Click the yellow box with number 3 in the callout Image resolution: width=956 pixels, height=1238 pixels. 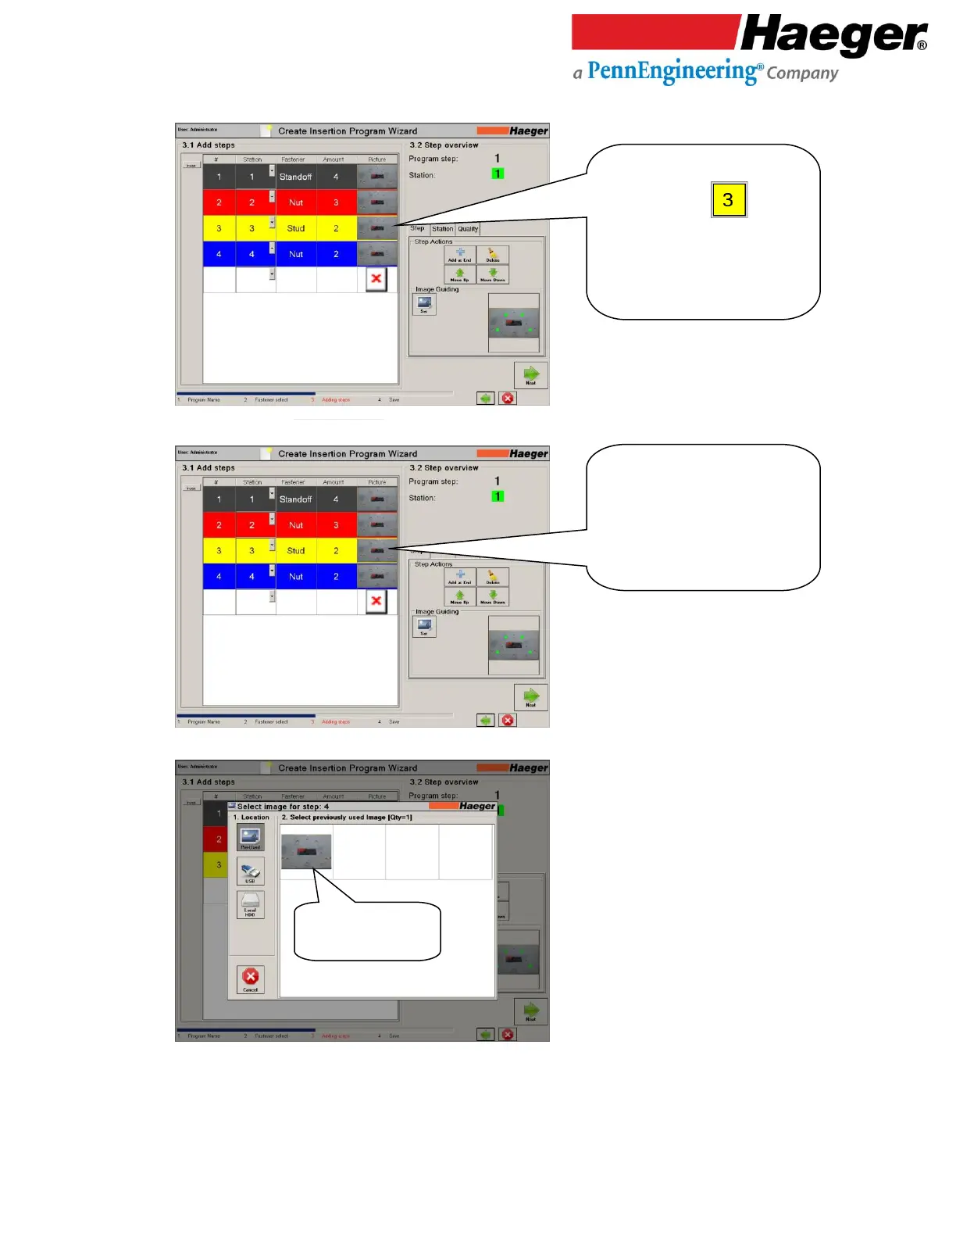(729, 199)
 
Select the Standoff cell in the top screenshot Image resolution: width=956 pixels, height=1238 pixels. (296, 177)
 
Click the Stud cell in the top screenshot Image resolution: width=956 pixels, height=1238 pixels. (296, 228)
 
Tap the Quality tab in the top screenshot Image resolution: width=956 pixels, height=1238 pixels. (468, 229)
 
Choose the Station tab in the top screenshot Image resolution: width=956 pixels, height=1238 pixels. (442, 229)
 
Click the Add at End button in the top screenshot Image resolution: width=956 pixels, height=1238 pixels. (460, 255)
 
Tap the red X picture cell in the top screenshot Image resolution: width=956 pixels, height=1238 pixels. (376, 279)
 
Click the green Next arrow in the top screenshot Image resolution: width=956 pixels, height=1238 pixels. (531, 374)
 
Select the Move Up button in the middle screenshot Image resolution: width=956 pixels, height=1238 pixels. (460, 597)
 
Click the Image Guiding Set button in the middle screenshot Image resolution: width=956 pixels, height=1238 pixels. (424, 626)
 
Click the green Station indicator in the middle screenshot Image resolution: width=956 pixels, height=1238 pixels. (498, 496)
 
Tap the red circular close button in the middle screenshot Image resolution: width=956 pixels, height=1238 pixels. (508, 720)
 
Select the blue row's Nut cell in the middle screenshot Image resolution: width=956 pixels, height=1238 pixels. (296, 577)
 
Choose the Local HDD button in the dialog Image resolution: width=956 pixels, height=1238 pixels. (251, 905)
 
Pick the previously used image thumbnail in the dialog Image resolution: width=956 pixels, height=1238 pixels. (306, 851)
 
